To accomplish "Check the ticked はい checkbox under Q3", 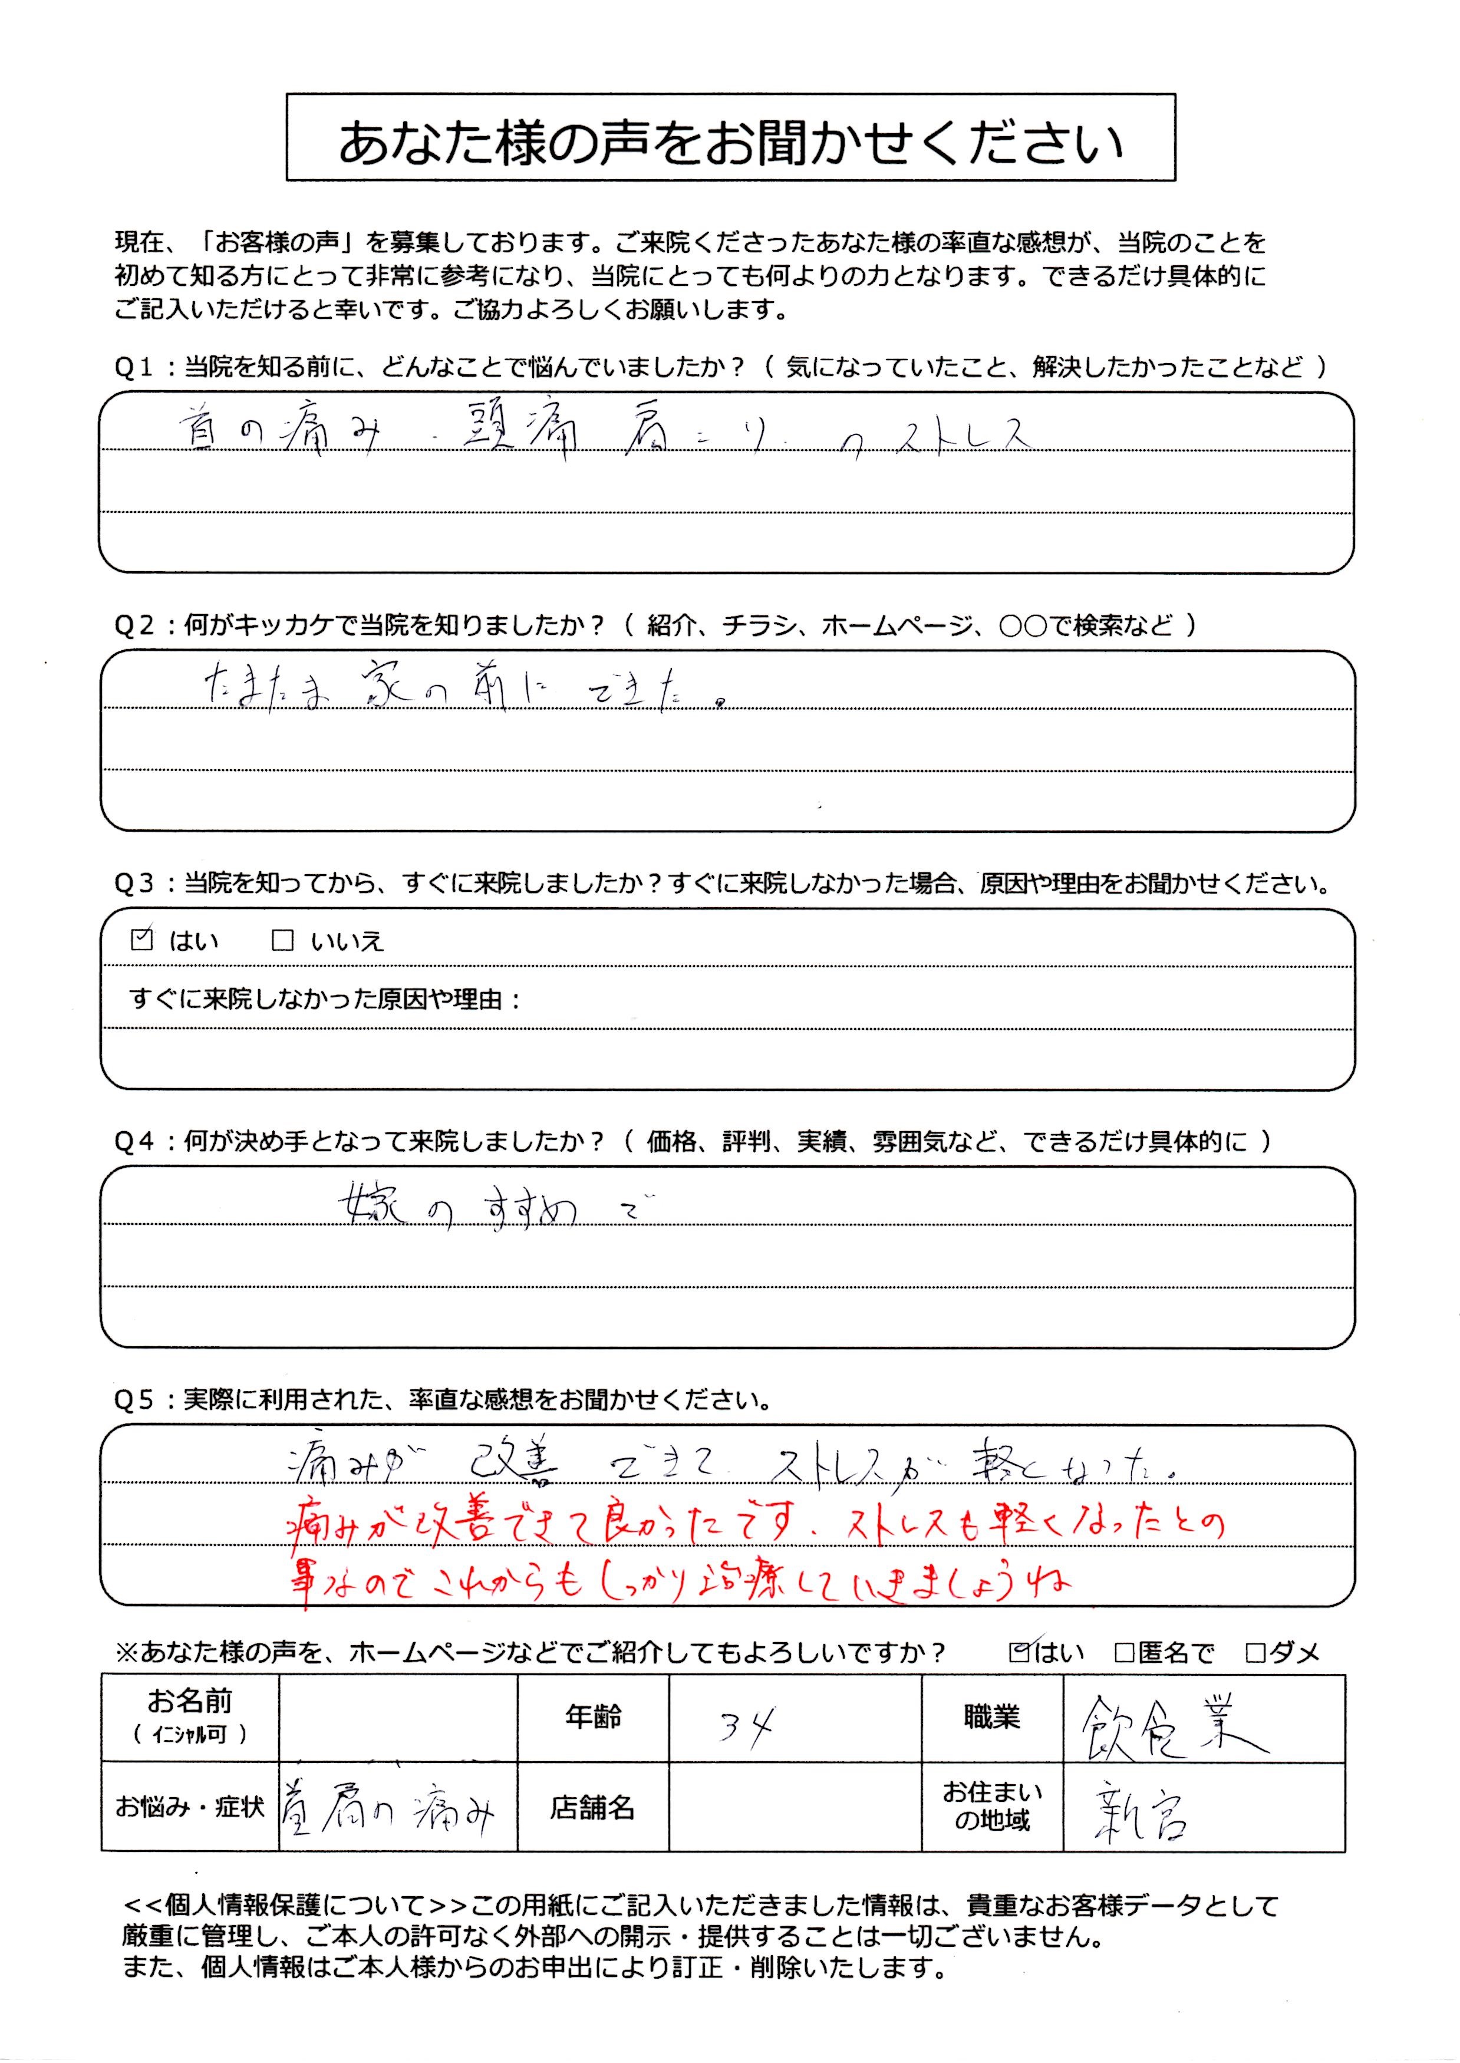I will coord(142,940).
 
